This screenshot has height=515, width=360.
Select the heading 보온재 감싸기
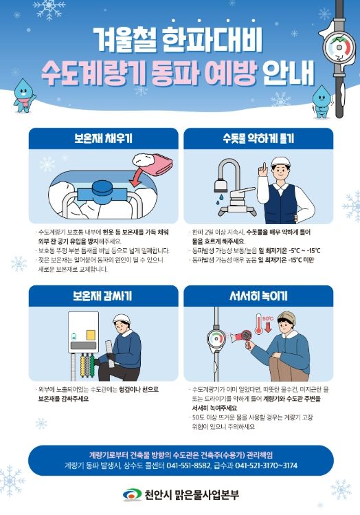pyautogui.click(x=101, y=296)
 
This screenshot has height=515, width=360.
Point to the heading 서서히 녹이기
pyautogui.click(x=258, y=296)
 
